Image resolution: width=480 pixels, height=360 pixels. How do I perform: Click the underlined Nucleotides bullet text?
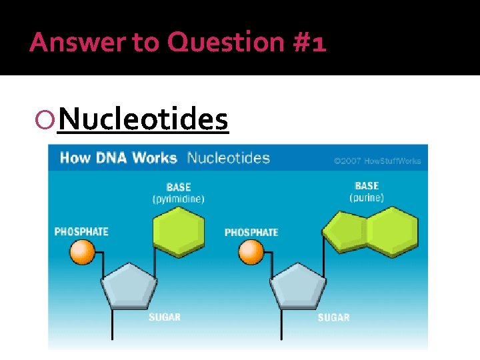tap(143, 120)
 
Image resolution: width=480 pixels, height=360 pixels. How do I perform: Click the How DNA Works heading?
tap(118, 159)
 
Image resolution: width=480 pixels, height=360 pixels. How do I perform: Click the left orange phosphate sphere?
tap(83, 252)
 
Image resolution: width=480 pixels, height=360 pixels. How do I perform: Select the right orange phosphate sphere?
tap(251, 252)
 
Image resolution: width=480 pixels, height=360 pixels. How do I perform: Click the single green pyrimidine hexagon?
tap(179, 231)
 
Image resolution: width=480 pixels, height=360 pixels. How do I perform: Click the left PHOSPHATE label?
tap(81, 232)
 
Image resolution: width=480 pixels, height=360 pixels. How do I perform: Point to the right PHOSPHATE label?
tap(251, 233)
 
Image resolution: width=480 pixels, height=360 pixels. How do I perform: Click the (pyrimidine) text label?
tap(178, 199)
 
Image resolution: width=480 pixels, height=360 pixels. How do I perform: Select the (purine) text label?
tap(367, 197)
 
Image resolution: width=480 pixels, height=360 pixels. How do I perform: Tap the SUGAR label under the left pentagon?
tap(164, 317)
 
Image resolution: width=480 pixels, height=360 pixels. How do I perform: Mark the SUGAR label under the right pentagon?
tap(333, 317)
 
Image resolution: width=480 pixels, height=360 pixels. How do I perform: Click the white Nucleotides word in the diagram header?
tap(228, 159)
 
